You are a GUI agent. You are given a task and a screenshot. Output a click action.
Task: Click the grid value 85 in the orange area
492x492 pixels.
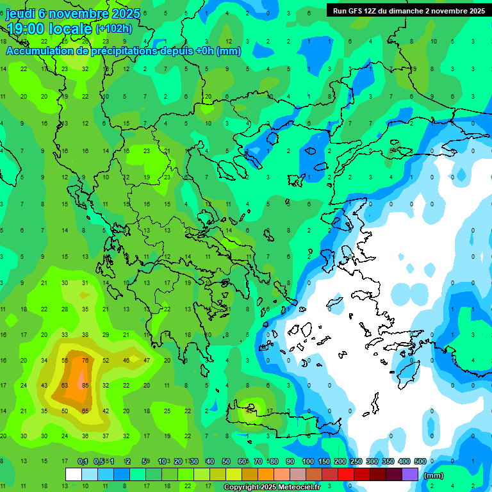coord(85,386)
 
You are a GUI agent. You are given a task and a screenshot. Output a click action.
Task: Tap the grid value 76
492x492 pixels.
coord(85,360)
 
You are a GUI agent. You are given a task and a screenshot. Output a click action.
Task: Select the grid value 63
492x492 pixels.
coord(65,386)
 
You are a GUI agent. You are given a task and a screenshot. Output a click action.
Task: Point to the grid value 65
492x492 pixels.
coord(85,411)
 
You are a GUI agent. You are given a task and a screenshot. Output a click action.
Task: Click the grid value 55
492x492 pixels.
coord(65,360)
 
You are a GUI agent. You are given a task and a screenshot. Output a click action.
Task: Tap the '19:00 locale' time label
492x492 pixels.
coord(50,28)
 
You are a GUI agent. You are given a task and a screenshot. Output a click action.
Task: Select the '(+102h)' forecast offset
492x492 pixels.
coord(114,29)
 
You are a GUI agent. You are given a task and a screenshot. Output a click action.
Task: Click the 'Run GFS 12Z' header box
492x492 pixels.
coord(408,10)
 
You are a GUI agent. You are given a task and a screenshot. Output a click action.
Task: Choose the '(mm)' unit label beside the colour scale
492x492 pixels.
coord(434,476)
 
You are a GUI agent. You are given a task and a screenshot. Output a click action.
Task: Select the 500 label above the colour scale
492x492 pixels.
coord(420,462)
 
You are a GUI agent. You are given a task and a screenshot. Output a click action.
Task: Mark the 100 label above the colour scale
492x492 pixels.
coord(308,462)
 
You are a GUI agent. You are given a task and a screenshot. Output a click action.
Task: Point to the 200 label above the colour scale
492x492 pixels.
coord(340,462)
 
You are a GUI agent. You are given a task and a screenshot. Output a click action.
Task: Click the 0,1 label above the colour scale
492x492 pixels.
coord(83,462)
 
